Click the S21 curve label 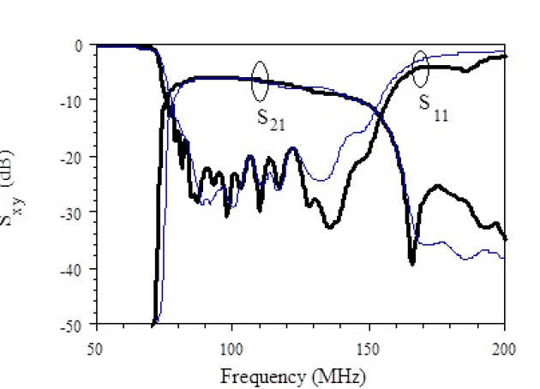[x=271, y=118]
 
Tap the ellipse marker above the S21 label [x=261, y=80]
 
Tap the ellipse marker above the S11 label [x=420, y=69]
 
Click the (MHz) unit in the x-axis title [x=334, y=375]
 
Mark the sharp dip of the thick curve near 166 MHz [x=412, y=263]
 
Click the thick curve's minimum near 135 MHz [x=329, y=226]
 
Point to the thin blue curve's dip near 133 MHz [x=321, y=180]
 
